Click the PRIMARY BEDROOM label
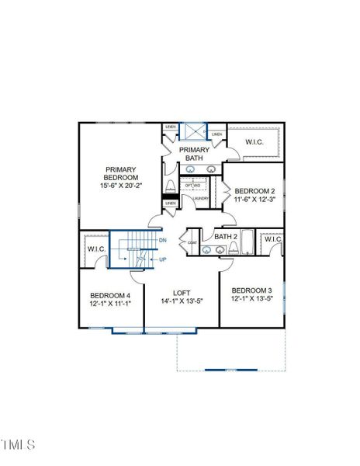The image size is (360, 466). coord(121,173)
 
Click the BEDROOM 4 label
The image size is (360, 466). coord(109,295)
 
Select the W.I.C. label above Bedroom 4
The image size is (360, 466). coord(96,249)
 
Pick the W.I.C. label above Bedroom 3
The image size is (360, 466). coord(272,239)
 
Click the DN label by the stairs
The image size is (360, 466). coord(163,241)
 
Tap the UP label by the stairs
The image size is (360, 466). coord(163,259)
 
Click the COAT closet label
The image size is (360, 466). coord(192,242)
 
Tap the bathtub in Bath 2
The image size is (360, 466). coord(247,243)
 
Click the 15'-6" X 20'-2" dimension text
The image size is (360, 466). coord(121,186)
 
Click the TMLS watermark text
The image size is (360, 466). coord(19,445)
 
